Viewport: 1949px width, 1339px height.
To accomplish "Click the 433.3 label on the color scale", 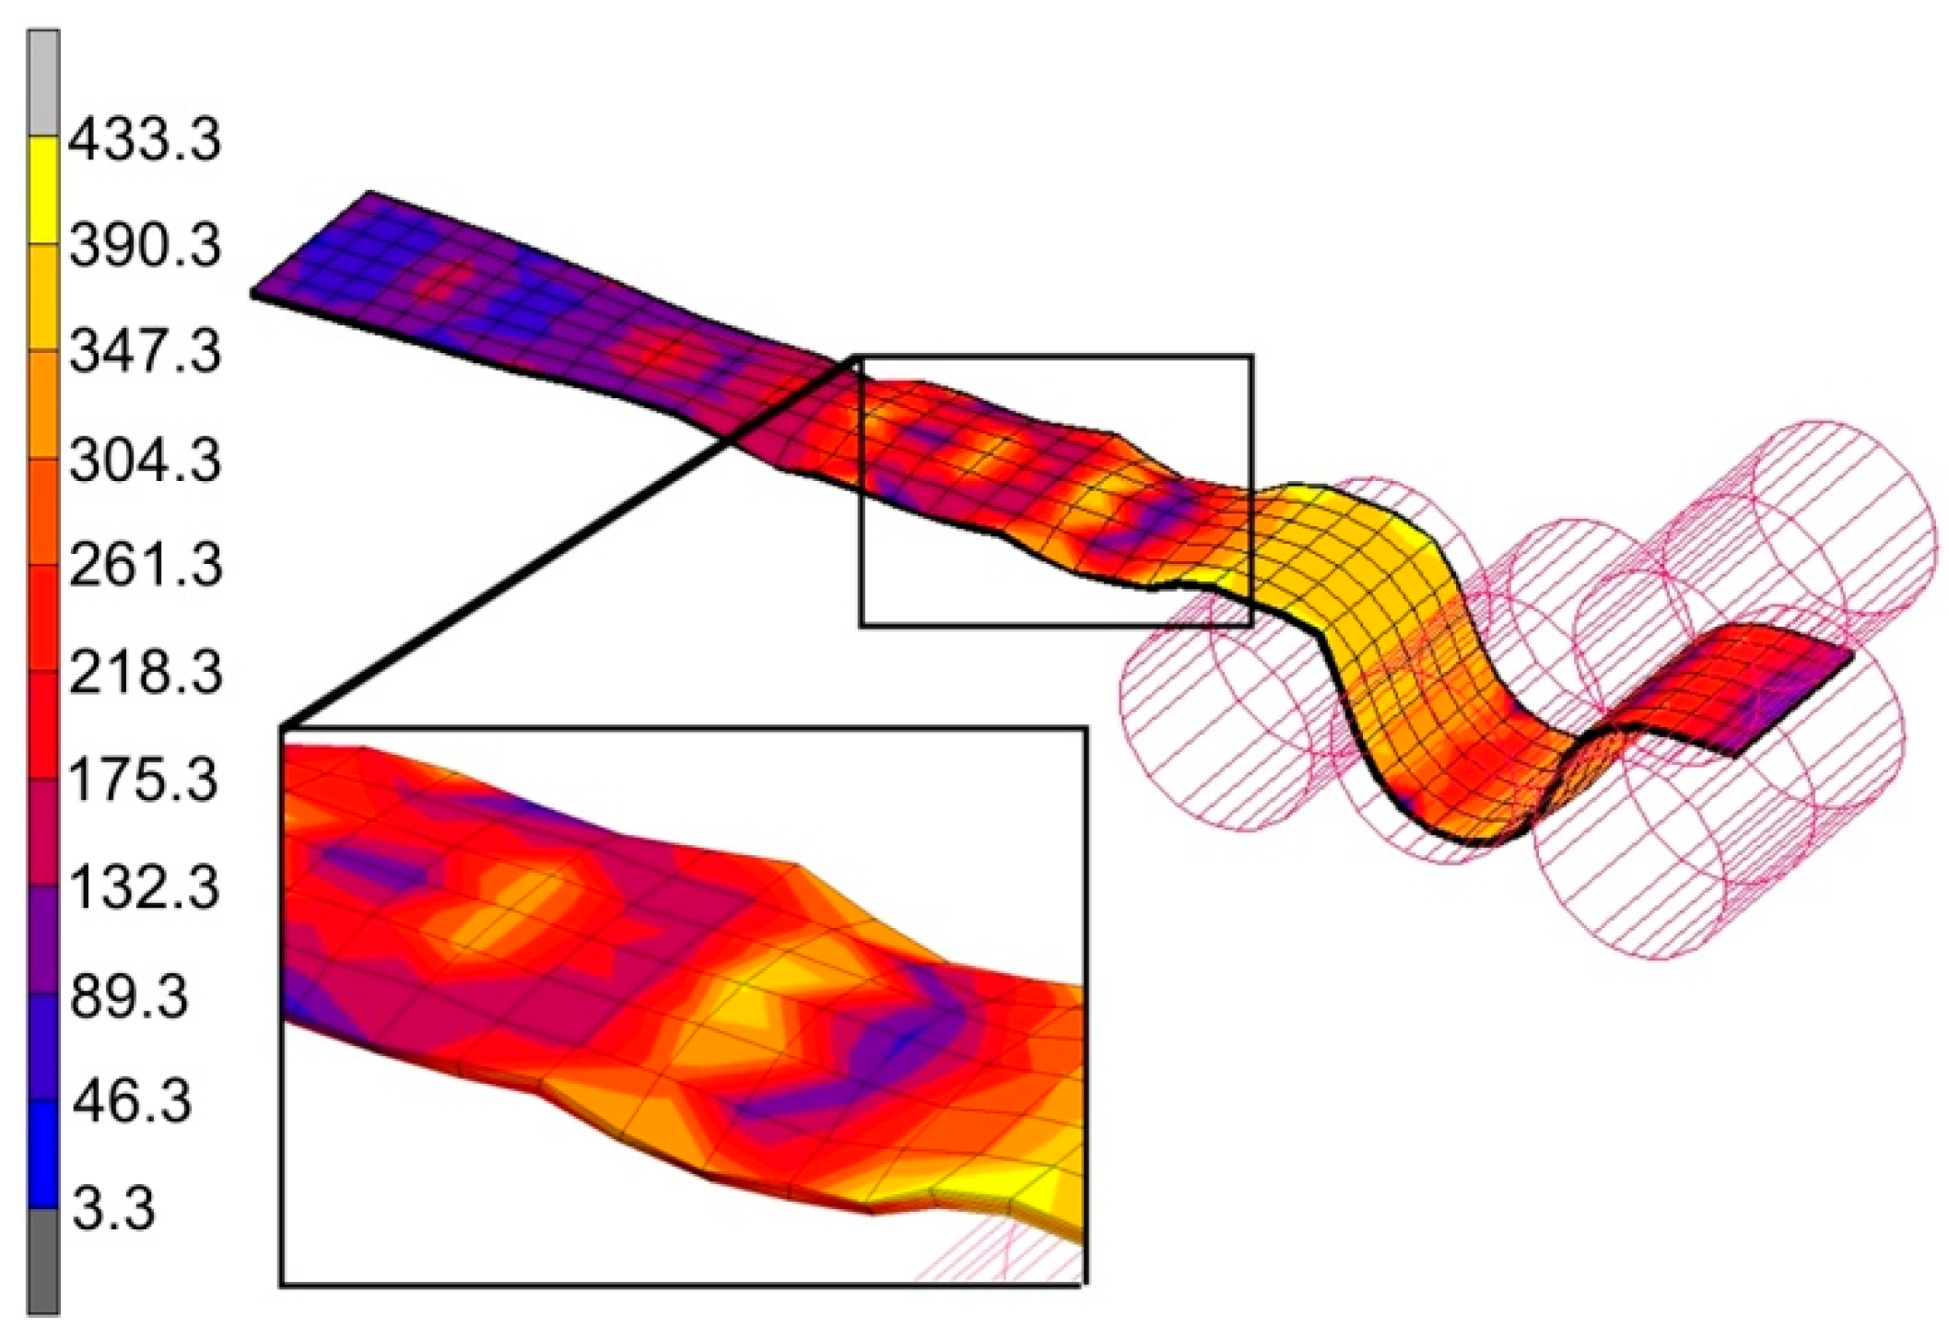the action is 145,141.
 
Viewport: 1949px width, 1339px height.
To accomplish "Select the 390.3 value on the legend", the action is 145,246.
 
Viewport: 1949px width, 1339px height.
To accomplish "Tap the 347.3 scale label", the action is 145,352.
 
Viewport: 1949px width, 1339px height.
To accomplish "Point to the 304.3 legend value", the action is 145,459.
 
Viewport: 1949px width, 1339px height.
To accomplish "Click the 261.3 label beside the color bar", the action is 145,565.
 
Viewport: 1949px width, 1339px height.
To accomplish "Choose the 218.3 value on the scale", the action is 145,673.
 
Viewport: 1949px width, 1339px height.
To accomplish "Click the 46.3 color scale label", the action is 131,1101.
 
